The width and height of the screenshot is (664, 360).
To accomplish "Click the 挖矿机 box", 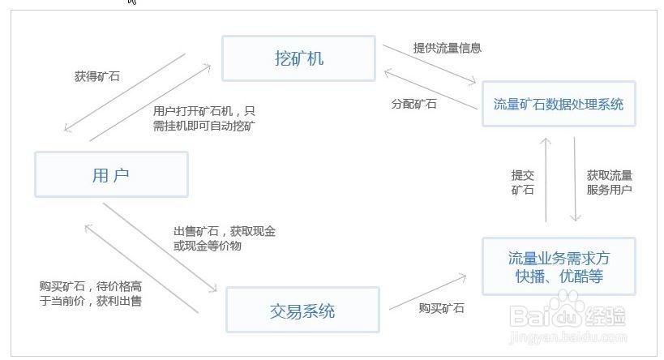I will point(298,58).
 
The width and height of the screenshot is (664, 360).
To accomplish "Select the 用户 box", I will point(111,174).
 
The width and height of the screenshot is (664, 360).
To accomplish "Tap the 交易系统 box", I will point(302,310).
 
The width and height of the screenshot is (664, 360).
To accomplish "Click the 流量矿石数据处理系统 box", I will point(559,104).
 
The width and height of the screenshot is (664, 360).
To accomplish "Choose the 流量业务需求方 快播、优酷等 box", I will point(559,267).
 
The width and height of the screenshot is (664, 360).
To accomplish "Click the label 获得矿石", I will point(97,76).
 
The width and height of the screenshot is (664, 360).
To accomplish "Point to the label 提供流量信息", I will point(447,48).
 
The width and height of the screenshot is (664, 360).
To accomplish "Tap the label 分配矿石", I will point(414,104).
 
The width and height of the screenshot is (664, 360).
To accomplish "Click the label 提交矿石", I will point(522,182).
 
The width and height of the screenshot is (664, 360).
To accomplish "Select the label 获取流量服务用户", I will point(609,182).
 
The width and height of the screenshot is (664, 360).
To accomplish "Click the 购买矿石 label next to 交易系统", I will point(442,308).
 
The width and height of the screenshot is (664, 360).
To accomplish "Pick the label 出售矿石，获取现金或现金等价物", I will point(225,238).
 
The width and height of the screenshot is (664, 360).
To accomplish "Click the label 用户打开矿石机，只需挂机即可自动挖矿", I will point(203,118).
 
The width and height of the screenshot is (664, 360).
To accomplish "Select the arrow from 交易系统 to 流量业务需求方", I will point(427,291).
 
